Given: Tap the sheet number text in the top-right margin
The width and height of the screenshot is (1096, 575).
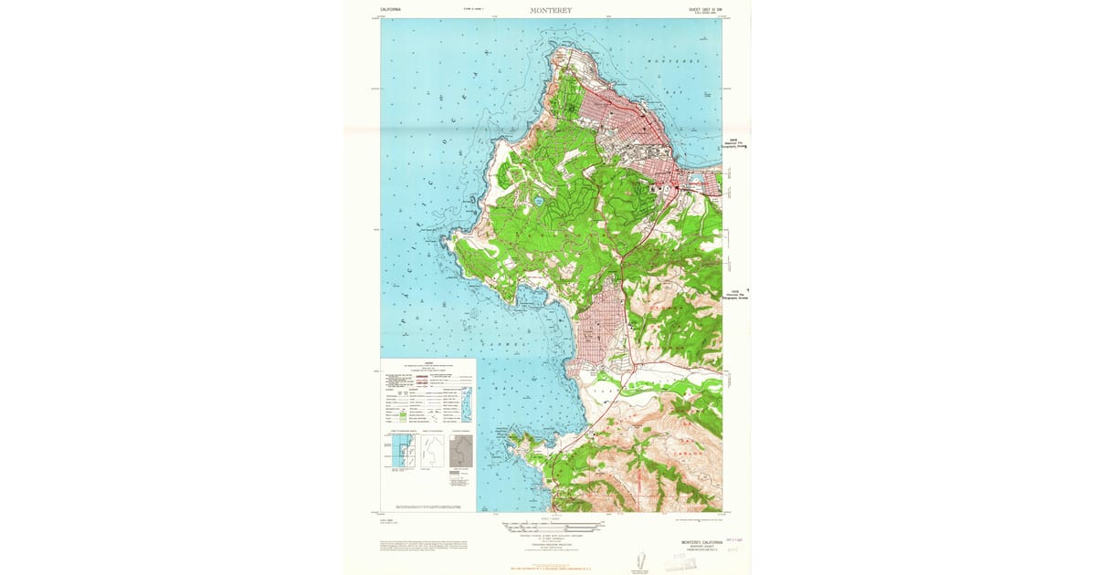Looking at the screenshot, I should [x=705, y=10].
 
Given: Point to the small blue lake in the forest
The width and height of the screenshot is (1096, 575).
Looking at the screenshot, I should [x=540, y=200].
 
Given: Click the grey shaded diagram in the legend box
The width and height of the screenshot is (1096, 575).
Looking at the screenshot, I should [x=461, y=451].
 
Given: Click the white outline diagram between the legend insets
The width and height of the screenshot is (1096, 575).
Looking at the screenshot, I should [x=431, y=451].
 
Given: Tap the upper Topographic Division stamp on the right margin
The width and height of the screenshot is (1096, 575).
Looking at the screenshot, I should [x=736, y=143].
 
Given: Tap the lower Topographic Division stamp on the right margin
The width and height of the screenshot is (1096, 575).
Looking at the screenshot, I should [x=736, y=295].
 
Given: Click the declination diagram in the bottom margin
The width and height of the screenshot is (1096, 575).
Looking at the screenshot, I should [x=639, y=559].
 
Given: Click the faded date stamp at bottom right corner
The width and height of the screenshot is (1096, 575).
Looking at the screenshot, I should [x=734, y=540].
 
